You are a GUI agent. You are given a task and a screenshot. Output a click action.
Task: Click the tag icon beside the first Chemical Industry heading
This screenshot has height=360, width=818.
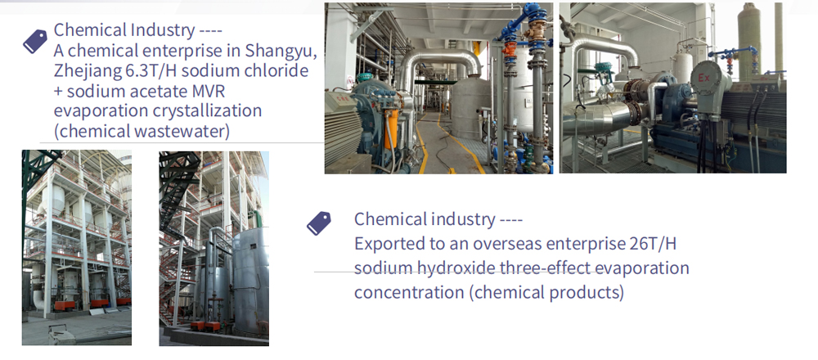[34, 42]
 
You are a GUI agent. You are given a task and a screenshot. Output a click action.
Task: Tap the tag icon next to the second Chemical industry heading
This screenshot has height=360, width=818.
[318, 223]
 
